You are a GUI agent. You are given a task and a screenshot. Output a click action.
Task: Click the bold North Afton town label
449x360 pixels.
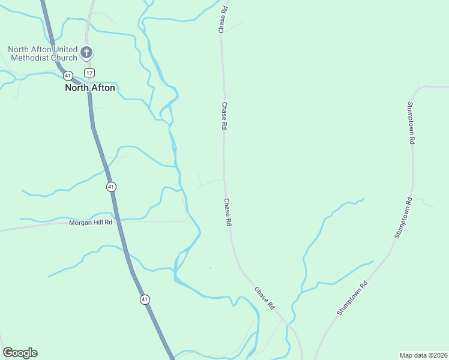[x=90, y=88]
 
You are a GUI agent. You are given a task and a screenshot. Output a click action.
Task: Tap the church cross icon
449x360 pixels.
[x=86, y=52]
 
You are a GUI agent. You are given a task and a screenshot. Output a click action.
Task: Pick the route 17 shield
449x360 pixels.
[x=89, y=73]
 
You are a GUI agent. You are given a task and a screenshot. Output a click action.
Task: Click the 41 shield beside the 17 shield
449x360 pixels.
[x=68, y=76]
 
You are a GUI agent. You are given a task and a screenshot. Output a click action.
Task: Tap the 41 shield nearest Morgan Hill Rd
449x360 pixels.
[x=111, y=187]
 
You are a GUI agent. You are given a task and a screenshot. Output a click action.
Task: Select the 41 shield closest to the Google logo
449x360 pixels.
[x=144, y=299]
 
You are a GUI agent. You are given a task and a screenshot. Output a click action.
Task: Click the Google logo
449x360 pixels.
[x=20, y=353]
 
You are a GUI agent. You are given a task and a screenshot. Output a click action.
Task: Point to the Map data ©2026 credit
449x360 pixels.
[x=423, y=355]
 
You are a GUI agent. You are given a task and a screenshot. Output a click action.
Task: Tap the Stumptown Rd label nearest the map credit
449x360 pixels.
[x=352, y=299]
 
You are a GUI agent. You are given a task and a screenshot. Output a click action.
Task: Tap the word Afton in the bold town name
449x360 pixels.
[x=103, y=88]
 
